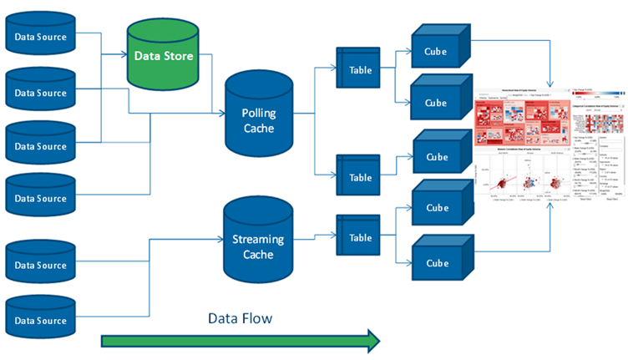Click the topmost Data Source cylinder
[x=40, y=36]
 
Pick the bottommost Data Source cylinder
[x=40, y=321]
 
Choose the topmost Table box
[x=360, y=70]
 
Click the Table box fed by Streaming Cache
[x=360, y=238]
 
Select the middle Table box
[x=360, y=177]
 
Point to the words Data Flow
[x=240, y=318]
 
